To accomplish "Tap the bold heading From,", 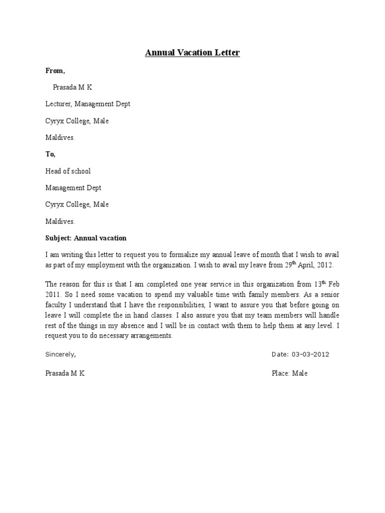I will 55,71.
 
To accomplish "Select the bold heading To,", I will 51,154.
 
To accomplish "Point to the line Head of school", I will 68,171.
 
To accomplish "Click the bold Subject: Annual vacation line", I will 86,238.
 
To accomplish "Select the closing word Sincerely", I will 60,354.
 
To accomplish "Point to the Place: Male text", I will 289,373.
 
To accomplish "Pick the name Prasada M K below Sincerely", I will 65,373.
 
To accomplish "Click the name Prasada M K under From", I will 72,87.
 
